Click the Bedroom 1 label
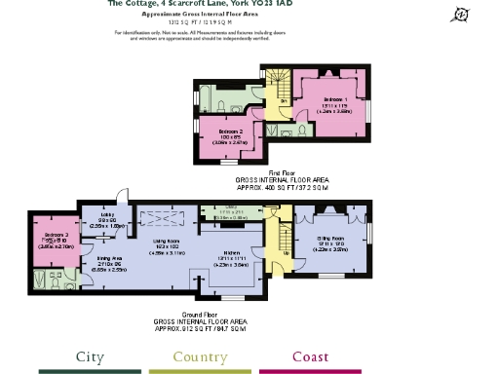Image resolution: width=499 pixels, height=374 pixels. (x=336, y=100)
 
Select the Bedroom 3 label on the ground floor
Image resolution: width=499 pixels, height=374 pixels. (x=49, y=235)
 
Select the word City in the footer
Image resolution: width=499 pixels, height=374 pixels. (x=91, y=356)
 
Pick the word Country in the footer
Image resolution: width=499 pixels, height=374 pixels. (x=201, y=356)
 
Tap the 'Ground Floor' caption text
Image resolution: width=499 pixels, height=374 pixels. (x=172, y=318)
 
